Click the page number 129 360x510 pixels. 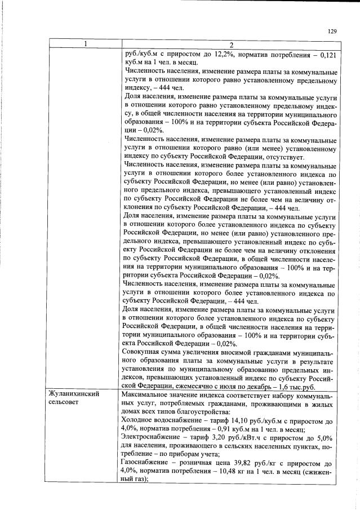pos(332,32)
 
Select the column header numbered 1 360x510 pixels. pos(85,44)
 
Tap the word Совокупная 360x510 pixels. pos(144,353)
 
